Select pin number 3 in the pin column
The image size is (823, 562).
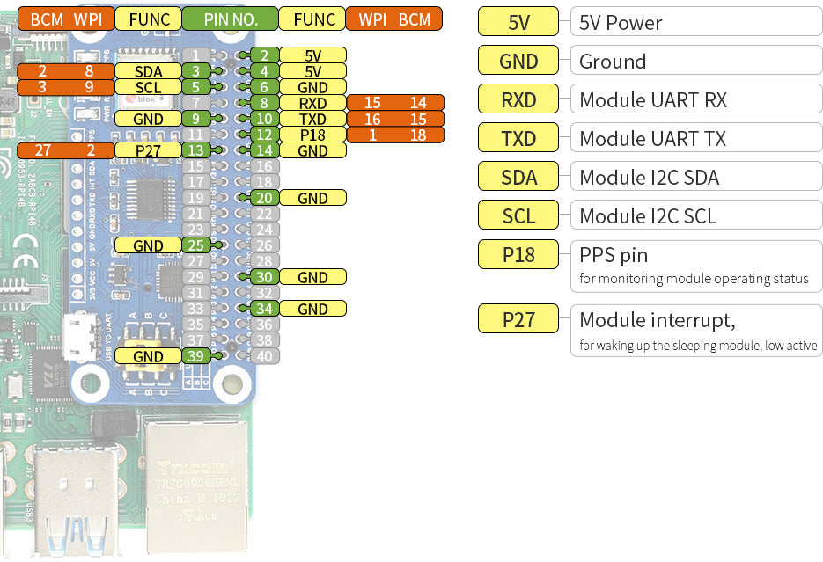196,71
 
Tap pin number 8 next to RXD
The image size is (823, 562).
264,103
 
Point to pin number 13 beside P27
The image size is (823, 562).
196,150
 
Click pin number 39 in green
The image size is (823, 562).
196,356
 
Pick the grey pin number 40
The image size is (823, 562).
264,356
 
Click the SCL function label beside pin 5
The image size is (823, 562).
148,87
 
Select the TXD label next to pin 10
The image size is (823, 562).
312,119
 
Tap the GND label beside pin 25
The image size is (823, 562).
148,245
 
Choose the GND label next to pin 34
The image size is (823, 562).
312,309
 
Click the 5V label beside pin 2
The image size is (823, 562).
312,55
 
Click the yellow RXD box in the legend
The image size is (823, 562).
518,99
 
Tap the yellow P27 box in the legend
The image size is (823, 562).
518,318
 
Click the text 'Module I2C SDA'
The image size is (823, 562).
649,178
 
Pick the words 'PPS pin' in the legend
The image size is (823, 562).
614,255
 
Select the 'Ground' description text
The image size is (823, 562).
613,62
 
